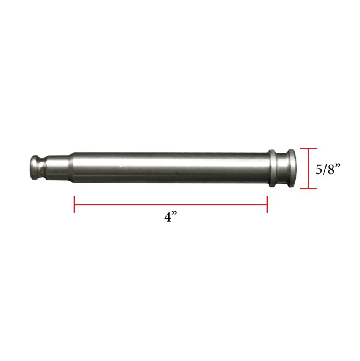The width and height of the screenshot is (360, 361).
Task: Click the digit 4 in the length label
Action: click(x=168, y=217)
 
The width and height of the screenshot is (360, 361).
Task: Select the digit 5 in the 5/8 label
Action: click(x=320, y=169)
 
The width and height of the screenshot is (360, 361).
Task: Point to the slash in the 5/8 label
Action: click(x=325, y=169)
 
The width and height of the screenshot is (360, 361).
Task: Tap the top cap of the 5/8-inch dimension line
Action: click(x=308, y=148)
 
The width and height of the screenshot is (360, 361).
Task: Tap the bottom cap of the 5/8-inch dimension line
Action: click(x=308, y=188)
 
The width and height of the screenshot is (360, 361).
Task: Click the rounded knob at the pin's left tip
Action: click(x=35, y=167)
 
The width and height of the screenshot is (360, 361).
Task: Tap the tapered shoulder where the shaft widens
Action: click(x=70, y=167)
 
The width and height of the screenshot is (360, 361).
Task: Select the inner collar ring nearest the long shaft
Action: click(x=272, y=169)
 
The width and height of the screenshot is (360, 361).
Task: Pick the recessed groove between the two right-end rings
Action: click(x=282, y=169)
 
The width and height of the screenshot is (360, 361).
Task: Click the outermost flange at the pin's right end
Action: click(x=291, y=169)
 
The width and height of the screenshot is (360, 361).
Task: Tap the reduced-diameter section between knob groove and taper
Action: click(x=55, y=167)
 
